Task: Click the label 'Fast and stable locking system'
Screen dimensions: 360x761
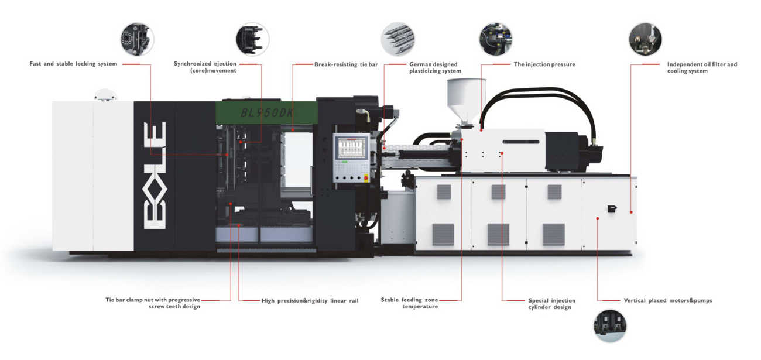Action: [73, 63]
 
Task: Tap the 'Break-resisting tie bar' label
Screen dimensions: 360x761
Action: [345, 64]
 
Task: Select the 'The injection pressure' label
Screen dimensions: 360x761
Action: [544, 64]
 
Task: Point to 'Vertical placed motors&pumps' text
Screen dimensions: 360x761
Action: [667, 300]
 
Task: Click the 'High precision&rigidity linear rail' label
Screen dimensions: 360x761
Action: [310, 300]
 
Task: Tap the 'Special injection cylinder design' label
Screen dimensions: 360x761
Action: [543, 304]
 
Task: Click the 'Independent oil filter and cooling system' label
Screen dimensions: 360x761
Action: [702, 67]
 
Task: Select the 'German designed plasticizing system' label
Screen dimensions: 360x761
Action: [434, 67]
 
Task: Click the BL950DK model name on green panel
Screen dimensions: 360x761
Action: [267, 112]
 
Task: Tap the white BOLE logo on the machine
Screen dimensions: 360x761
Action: [155, 175]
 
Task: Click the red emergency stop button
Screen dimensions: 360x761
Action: [366, 176]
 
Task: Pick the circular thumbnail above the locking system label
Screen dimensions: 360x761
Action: [138, 39]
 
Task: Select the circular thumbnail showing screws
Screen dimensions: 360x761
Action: [398, 39]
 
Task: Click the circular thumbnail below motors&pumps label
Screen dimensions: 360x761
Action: [610, 326]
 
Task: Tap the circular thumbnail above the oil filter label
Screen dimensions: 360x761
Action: [645, 39]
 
